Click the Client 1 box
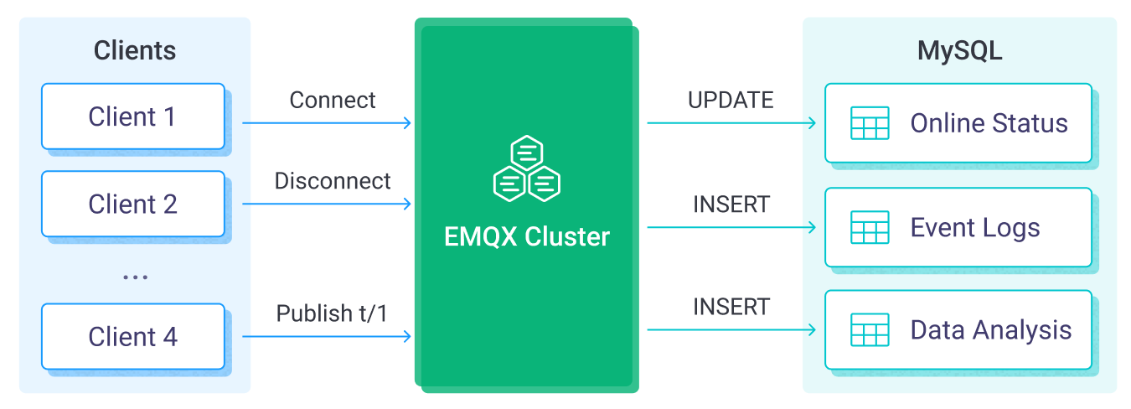click(133, 116)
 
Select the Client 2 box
click(133, 204)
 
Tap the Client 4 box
click(133, 337)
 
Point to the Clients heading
click(134, 50)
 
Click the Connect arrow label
click(333, 101)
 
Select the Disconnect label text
click(333, 181)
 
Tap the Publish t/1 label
click(333, 313)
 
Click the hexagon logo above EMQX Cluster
click(526, 168)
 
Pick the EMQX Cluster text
click(526, 237)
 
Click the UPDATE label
click(731, 101)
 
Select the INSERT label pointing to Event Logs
click(731, 204)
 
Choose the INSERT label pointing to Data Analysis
click(731, 308)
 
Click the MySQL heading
click(959, 50)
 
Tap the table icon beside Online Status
click(869, 123)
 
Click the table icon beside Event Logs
click(869, 227)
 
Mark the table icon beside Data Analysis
click(869, 330)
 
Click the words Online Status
click(989, 124)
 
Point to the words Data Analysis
click(990, 330)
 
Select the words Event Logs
click(974, 228)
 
